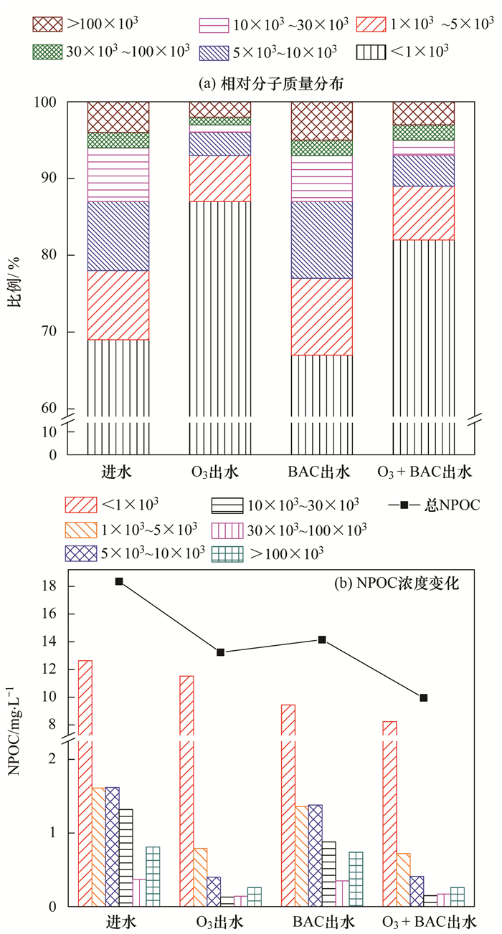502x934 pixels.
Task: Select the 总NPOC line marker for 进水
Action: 119,581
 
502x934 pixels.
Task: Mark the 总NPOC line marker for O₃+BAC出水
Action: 424,697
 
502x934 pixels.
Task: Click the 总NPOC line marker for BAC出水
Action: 322,639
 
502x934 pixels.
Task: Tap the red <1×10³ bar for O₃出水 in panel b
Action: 186,788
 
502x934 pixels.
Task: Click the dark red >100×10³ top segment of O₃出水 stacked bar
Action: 220,109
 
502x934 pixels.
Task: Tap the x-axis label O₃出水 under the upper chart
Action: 220,473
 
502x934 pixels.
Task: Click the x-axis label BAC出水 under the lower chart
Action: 322,920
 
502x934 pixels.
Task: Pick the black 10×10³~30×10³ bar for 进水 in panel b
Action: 126,857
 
